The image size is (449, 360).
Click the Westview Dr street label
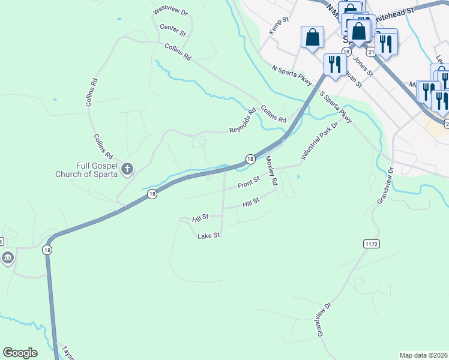[x=170, y=12]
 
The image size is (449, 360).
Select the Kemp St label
[x=279, y=25]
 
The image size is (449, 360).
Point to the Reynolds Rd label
[x=243, y=121]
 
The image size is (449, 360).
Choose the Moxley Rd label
[x=271, y=170]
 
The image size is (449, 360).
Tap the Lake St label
[x=209, y=236]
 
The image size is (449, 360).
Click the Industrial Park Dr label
[x=320, y=142]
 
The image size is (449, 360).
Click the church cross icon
[x=127, y=170]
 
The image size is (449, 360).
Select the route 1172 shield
[x=372, y=243]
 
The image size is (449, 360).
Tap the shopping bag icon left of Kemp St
[x=313, y=37]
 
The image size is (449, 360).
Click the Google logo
[x=20, y=353]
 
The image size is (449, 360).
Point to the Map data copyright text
[x=423, y=355]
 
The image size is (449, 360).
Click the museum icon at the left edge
[x=7, y=259]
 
